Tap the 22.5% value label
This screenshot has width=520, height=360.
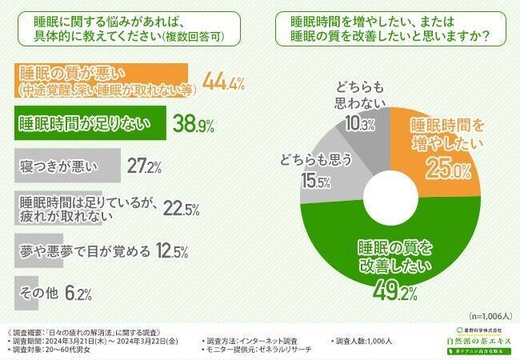point(182,209)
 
